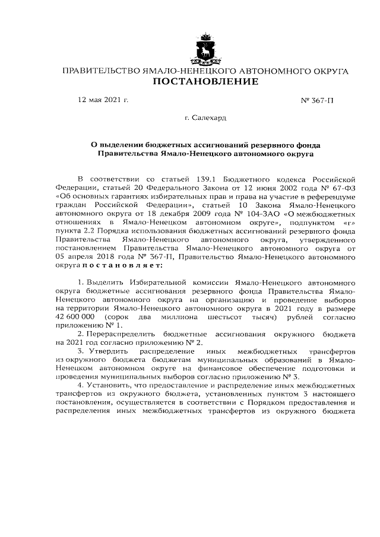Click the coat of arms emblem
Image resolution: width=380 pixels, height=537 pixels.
pos(205,49)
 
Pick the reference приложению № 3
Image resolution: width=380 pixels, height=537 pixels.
pos(272,376)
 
